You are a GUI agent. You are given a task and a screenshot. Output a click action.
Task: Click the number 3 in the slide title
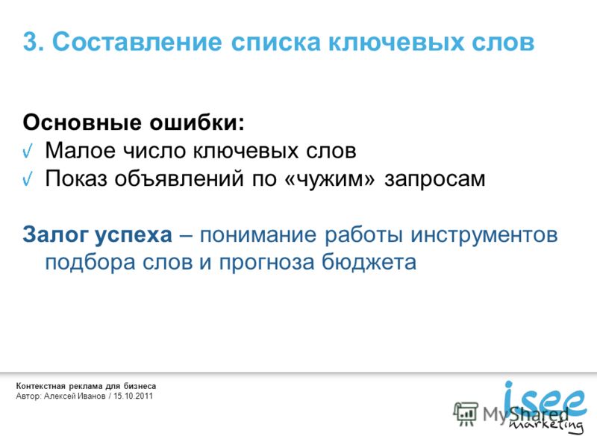[31, 42]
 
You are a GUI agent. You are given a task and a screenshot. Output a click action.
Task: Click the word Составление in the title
[137, 42]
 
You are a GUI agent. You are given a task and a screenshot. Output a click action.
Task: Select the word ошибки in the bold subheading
[194, 122]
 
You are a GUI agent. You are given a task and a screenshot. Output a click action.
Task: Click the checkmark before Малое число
[28, 152]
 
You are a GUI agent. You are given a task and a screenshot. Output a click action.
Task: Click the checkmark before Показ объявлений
[28, 178]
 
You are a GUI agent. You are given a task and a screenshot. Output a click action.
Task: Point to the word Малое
[80, 151]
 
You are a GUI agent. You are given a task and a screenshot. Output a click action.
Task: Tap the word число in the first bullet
[154, 151]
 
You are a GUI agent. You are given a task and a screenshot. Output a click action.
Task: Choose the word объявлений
[179, 178]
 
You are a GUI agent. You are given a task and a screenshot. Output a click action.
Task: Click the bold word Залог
[55, 234]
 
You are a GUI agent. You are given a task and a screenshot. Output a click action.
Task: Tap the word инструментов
[484, 235]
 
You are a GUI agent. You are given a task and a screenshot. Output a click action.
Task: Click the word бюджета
[369, 263]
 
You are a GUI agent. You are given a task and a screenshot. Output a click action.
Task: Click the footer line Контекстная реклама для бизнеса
[86, 386]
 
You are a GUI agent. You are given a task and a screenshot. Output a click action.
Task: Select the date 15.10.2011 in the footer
[133, 396]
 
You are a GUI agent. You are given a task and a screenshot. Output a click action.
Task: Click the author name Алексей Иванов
[75, 396]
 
